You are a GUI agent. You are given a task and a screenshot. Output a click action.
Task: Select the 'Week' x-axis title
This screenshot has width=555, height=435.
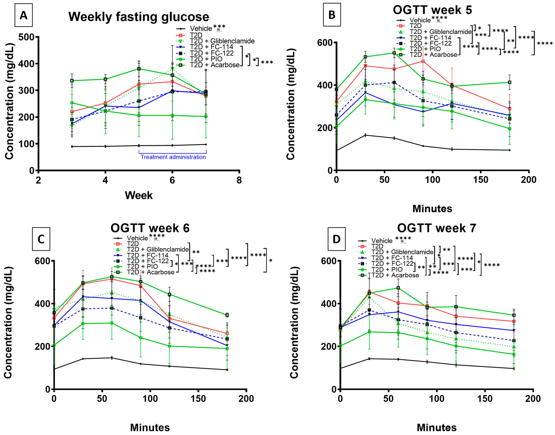click(x=139, y=196)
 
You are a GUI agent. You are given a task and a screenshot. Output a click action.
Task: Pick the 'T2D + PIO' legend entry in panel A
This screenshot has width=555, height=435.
click(x=206, y=59)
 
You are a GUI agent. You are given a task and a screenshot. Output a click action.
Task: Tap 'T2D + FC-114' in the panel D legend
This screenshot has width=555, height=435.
click(x=392, y=258)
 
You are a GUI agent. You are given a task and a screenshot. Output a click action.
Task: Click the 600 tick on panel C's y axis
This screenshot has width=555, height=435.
click(x=42, y=261)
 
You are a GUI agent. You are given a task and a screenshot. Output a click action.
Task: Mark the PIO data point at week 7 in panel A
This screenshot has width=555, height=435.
click(x=206, y=116)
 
